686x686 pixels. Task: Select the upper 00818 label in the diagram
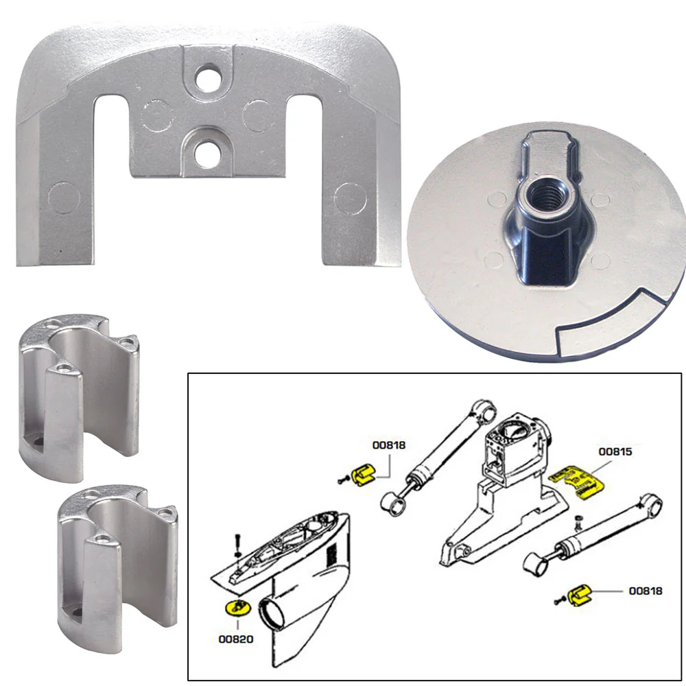pyautogui.click(x=389, y=445)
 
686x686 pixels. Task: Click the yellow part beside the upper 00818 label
pyautogui.click(x=364, y=473)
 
